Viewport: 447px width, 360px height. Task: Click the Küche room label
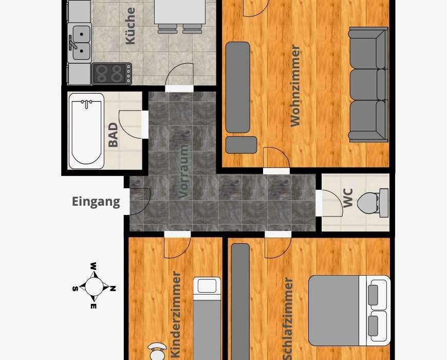(131, 26)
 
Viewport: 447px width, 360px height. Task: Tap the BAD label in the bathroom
(113, 135)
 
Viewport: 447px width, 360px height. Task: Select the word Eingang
(96, 202)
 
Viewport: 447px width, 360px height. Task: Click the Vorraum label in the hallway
(184, 171)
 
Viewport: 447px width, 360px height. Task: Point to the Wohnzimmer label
(295, 85)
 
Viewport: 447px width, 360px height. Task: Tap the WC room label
(348, 198)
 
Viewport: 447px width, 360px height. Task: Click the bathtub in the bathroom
(86, 131)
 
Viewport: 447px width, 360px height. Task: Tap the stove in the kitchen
(112, 74)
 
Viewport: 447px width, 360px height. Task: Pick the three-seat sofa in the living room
(368, 84)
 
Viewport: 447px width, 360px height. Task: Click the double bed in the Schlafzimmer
(349, 311)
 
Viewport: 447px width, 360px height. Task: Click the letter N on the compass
(113, 289)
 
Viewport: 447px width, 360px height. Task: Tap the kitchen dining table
(180, 12)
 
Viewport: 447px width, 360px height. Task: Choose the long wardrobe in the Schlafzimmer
(240, 301)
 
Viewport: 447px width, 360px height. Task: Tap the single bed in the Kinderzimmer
(207, 318)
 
